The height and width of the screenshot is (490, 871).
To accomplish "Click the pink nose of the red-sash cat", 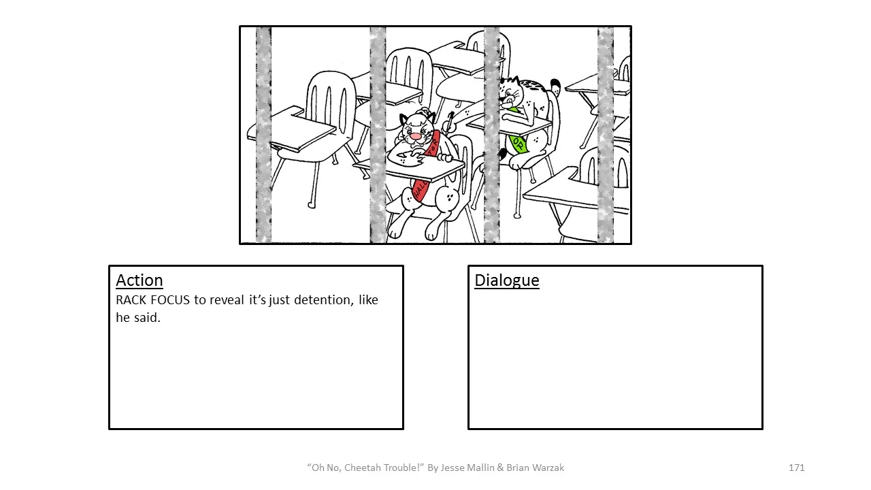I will [414, 137].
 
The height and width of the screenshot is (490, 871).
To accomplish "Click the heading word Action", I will [139, 280].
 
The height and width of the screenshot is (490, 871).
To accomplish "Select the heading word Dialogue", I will [506, 280].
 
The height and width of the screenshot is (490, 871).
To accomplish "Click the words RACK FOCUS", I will [153, 300].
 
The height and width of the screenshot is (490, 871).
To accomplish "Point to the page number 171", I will [796, 468].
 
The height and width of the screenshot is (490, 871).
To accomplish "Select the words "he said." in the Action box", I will [138, 317].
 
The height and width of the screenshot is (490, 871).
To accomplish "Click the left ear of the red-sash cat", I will [405, 119].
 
